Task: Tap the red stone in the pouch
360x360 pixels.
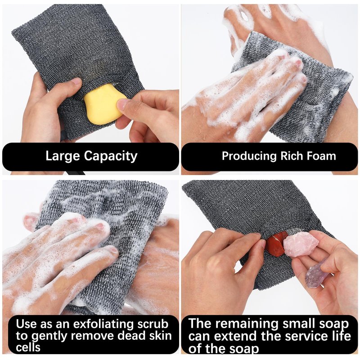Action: click(x=276, y=244)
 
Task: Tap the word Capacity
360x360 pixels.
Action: click(x=110, y=157)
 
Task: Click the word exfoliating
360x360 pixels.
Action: click(x=103, y=324)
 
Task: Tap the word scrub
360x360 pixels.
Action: click(x=153, y=324)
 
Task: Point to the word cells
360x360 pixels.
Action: click(x=28, y=347)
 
